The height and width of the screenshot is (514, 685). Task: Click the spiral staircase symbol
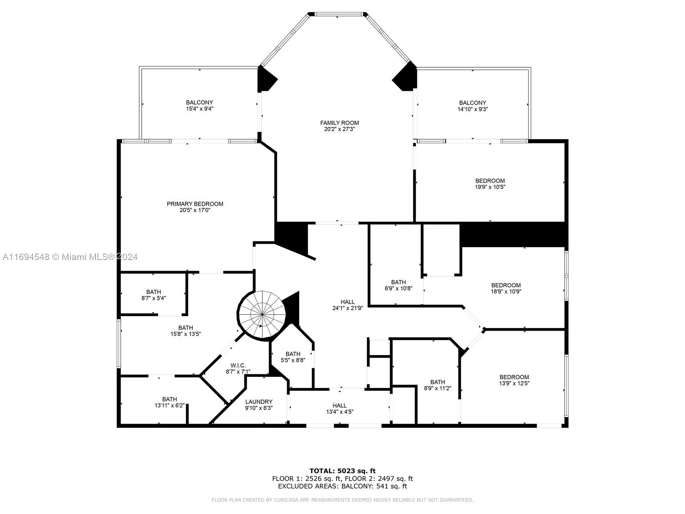coord(262,315)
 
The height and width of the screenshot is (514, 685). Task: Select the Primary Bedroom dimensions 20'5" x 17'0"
coord(195,210)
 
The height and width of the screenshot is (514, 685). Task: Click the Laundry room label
coord(259,402)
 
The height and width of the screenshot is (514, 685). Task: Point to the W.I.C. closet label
coord(238,365)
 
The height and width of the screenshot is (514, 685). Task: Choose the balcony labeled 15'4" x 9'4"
coord(199,106)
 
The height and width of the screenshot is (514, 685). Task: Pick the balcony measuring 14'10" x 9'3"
coord(473,106)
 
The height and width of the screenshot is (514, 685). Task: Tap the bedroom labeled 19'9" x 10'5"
coord(490,184)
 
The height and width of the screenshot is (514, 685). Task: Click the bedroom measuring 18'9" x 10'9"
coord(506,288)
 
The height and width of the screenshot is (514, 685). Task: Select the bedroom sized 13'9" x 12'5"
coord(514,380)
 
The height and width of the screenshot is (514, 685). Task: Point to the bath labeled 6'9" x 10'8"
coord(398,285)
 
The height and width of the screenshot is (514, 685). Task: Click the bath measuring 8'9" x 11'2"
coord(438,385)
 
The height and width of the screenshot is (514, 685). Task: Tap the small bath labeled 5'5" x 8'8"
coord(293,357)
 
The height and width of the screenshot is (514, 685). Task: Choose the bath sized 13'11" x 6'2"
coord(169,402)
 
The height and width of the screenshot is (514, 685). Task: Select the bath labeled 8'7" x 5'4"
coord(153,295)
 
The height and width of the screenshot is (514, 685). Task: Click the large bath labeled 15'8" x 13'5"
coord(185,331)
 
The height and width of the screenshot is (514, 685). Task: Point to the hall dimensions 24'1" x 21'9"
coord(347,308)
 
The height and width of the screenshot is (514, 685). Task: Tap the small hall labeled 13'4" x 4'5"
coord(340,409)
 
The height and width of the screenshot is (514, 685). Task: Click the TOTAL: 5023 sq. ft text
coord(342,471)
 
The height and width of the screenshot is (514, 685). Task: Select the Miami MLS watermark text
coord(70,257)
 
